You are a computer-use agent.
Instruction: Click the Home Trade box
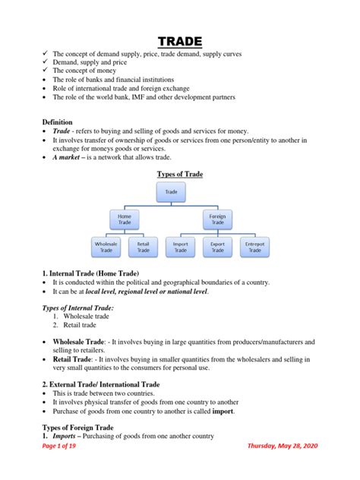point(124,219)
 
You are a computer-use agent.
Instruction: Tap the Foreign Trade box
point(217,219)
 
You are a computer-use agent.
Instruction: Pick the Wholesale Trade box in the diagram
point(106,247)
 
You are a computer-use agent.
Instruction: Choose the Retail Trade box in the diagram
point(143,247)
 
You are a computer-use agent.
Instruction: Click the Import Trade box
point(180,247)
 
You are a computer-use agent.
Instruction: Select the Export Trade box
point(217,247)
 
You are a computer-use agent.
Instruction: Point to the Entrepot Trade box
point(254,247)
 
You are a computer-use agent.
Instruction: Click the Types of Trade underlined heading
point(179,174)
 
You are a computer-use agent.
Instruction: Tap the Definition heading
point(58,122)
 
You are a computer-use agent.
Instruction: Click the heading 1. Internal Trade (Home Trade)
point(91,272)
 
